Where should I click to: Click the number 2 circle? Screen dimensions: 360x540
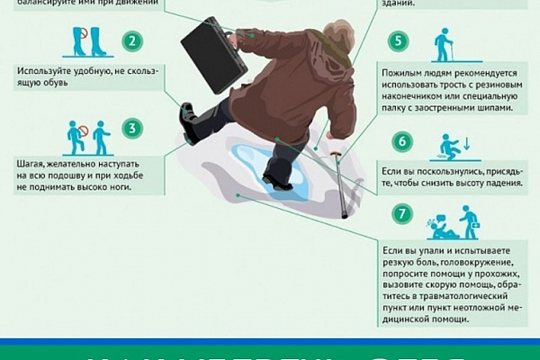tap(133, 41)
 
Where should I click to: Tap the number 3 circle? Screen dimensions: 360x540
tap(133, 129)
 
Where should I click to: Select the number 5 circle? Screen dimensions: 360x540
tap(397, 41)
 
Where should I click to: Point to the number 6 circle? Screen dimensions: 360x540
tap(402, 141)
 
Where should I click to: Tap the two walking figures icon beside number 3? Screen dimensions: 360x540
tap(88, 137)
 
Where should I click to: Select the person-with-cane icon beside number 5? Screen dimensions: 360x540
tap(442, 46)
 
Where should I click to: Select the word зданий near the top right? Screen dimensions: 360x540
tap(397, 4)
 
